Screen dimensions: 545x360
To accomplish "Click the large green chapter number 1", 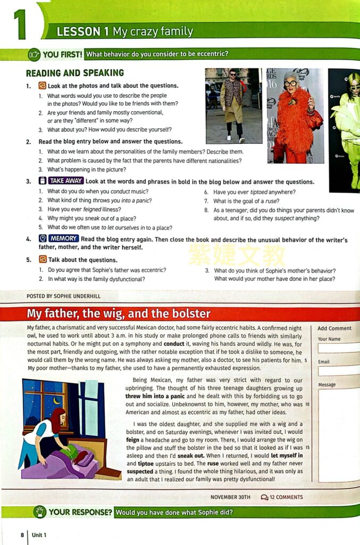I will click(x=20, y=24).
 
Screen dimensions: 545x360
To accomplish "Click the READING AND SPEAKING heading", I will click(x=75, y=73).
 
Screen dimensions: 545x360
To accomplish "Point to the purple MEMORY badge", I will click(x=63, y=239).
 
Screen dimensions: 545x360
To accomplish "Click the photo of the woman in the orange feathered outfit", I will click(x=295, y=115).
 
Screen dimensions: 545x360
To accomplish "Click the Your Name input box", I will click(x=339, y=349).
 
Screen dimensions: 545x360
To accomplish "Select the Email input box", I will click(x=339, y=371).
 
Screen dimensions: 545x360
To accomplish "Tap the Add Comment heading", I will click(x=334, y=328).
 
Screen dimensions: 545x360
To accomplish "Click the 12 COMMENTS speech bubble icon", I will click(x=264, y=497).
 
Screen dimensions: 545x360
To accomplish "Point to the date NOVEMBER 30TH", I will click(x=230, y=497).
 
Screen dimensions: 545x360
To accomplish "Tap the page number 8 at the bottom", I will click(x=22, y=534).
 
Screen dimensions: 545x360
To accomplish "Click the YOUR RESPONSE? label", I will click(x=80, y=513).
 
